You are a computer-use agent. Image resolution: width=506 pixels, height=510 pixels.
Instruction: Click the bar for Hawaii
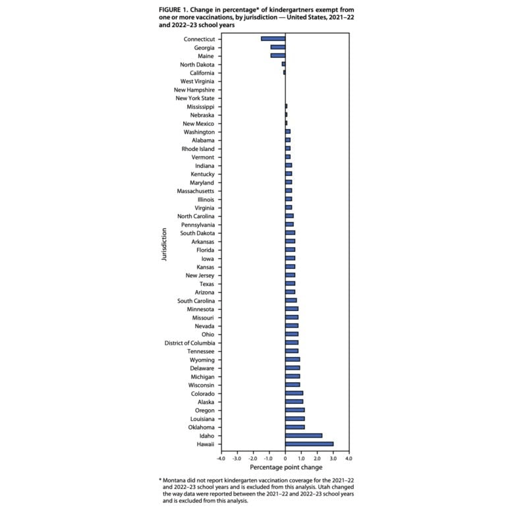[x=309, y=444]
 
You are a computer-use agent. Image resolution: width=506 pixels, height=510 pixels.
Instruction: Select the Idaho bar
[x=303, y=436]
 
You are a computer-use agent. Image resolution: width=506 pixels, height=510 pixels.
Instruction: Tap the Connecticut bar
[x=273, y=39]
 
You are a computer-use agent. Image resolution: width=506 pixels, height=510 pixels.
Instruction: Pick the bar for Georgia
[x=277, y=47]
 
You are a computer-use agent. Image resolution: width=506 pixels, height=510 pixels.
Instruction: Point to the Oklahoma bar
[x=295, y=427]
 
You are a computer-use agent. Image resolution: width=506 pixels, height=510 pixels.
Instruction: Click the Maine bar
[x=277, y=56]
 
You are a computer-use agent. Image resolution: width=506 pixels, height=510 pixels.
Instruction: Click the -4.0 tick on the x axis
[x=221, y=458]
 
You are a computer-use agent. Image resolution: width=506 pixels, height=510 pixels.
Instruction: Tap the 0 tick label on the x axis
[x=285, y=458]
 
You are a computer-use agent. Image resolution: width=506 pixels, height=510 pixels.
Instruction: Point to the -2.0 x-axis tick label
[x=253, y=458]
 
